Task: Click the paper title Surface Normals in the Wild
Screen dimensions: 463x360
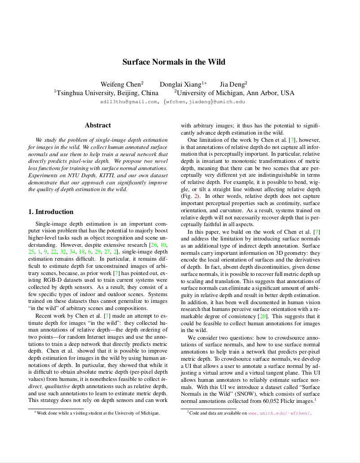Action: click(174, 62)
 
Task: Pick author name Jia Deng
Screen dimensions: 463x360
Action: click(233, 84)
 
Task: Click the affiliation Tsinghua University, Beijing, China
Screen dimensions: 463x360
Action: click(107, 93)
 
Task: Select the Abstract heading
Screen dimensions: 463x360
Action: click(98, 125)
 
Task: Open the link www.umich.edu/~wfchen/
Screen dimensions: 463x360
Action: click(279, 413)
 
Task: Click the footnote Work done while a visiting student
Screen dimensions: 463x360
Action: click(98, 413)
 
